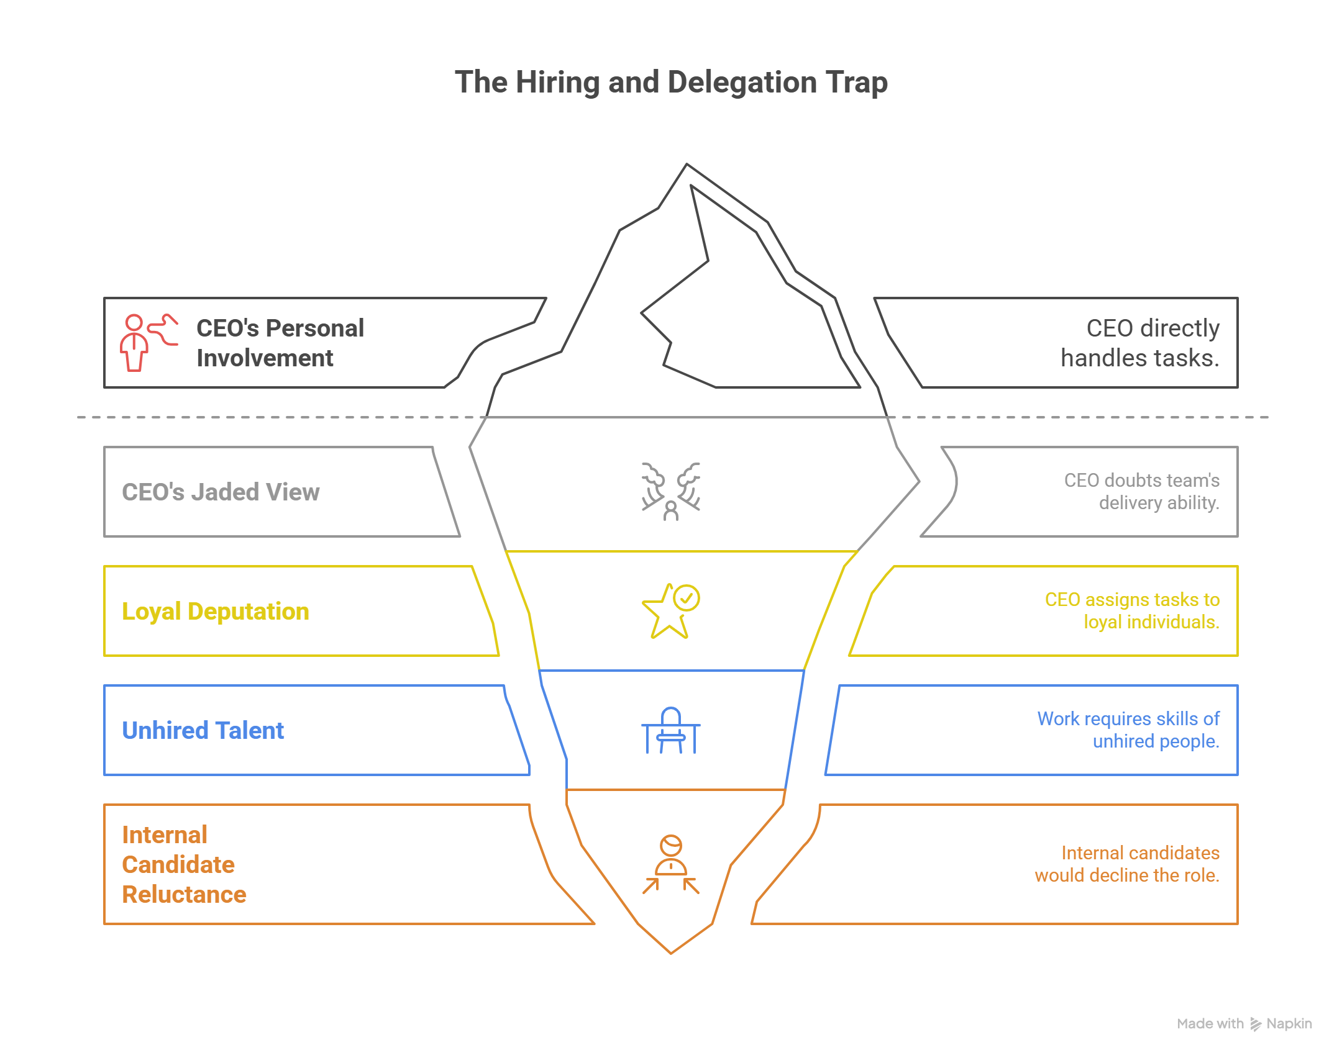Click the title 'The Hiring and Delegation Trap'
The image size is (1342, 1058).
(671, 83)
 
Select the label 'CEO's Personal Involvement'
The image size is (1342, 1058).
(280, 343)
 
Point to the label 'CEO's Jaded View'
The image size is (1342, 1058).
(221, 492)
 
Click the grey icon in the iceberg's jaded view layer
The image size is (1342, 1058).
(671, 491)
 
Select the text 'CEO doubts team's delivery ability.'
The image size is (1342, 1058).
(1141, 491)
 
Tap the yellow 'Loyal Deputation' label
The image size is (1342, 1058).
(216, 612)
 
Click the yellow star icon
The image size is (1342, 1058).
(665, 614)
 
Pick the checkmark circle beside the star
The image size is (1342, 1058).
(687, 598)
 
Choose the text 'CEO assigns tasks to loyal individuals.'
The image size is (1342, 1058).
(1132, 611)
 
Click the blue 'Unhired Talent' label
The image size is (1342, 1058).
(203, 731)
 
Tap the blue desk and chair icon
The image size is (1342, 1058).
(671, 731)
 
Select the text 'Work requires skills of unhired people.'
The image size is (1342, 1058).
(1128, 730)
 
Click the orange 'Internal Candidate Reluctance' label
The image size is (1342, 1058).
(184, 864)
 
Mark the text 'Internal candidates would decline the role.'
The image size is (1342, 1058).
(1127, 864)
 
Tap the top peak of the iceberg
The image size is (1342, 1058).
(687, 165)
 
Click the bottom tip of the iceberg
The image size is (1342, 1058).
(671, 952)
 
